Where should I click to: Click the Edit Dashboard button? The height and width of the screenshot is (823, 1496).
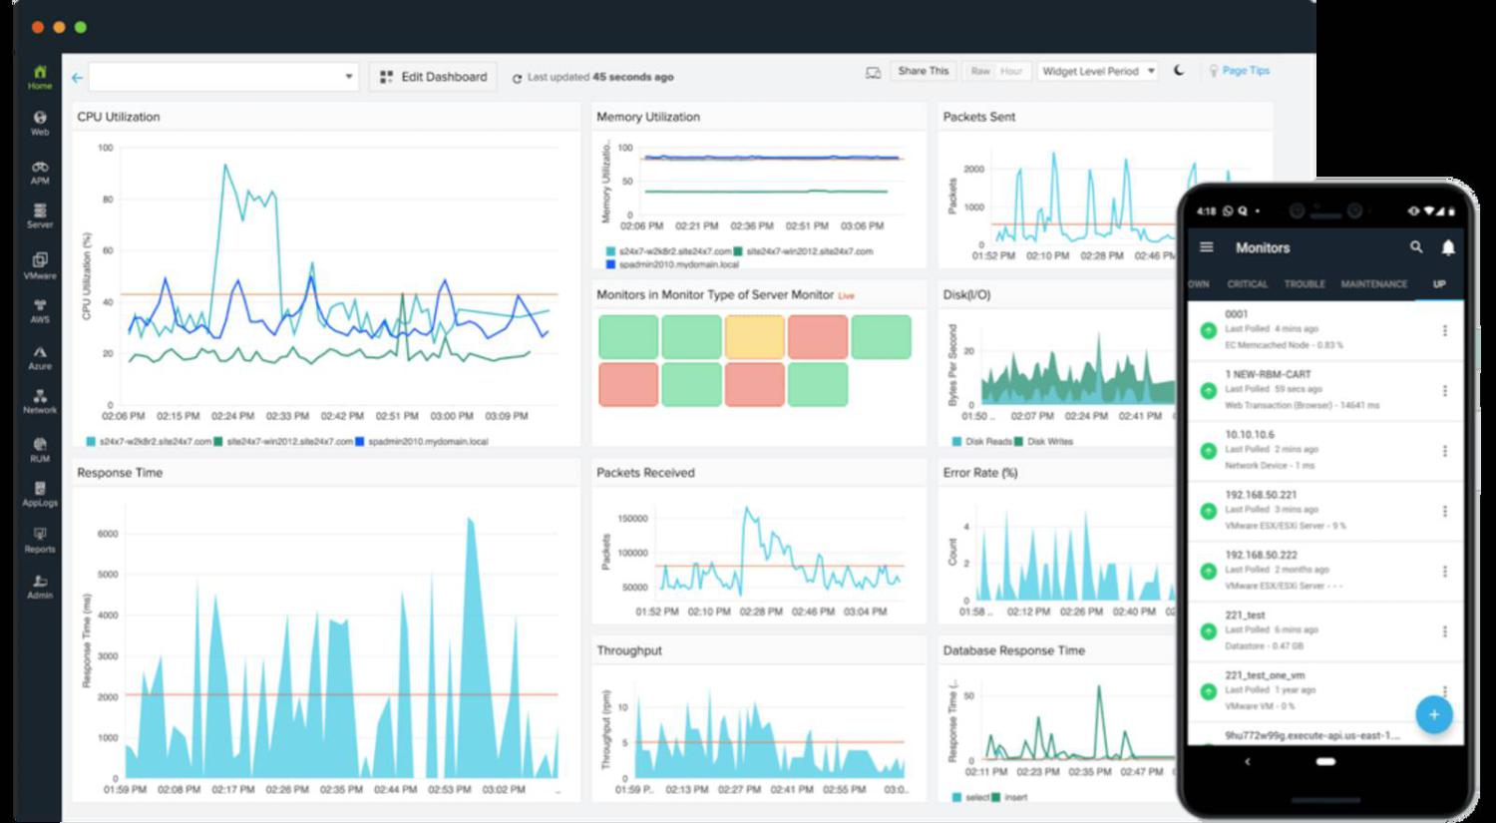(x=434, y=77)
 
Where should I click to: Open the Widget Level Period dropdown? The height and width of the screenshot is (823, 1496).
(x=1097, y=71)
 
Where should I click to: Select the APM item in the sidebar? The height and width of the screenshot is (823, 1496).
(x=40, y=173)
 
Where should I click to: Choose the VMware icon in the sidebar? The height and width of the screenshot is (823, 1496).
(x=40, y=265)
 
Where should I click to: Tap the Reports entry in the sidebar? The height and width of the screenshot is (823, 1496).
(x=40, y=540)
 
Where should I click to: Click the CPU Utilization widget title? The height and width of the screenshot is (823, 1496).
(x=119, y=117)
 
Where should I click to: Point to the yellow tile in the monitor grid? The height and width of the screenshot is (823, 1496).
(x=754, y=337)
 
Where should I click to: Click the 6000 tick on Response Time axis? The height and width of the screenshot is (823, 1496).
(x=108, y=534)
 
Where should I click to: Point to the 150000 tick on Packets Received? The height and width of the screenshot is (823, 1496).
(x=632, y=519)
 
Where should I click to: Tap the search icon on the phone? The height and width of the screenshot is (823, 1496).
(x=1416, y=247)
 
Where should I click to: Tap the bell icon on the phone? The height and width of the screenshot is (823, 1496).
(x=1448, y=247)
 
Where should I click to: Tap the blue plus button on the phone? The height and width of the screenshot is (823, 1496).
(x=1433, y=714)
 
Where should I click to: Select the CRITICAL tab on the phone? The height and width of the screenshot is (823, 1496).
(x=1247, y=284)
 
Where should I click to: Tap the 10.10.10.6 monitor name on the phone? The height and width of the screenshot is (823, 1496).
(x=1250, y=435)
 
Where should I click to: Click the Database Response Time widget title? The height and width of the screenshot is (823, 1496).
(x=1013, y=650)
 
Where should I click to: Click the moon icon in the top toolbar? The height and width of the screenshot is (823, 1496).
(x=1179, y=71)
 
